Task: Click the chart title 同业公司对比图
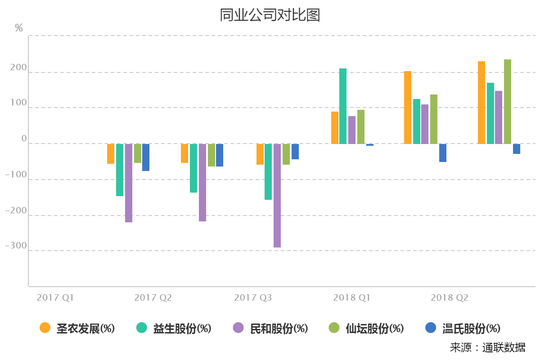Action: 270,15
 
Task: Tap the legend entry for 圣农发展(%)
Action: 77,328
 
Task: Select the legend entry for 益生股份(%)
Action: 174,328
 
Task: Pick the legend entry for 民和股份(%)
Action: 270,328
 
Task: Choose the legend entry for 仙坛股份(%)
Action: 366,328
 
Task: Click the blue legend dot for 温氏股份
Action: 431,328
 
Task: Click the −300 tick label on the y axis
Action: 16,246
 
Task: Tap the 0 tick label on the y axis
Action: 24,139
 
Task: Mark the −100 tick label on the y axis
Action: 16,175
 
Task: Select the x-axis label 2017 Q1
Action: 55,298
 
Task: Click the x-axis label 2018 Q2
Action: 450,298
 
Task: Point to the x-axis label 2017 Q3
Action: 253,298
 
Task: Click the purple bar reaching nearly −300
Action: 277,196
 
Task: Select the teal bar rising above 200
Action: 343,106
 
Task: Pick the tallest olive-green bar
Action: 508,102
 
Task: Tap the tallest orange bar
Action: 481,103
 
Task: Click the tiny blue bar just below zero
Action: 370,145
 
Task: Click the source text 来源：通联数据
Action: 487,347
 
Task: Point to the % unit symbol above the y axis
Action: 19,28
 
